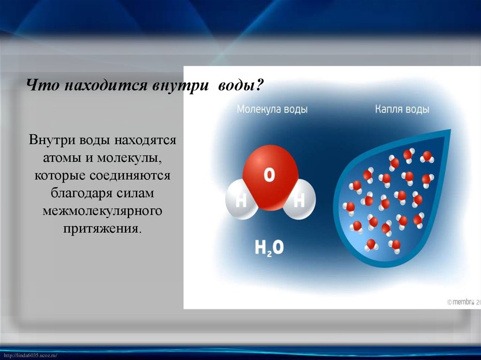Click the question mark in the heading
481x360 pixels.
[260, 86]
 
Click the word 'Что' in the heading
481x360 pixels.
[41, 86]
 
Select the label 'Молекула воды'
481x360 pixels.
[272, 110]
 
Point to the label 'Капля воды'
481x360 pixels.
[402, 110]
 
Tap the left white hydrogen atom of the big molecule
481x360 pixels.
[240, 201]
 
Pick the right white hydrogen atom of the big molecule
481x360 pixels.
[300, 201]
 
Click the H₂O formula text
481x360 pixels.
[269, 247]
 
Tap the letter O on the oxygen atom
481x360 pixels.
[269, 176]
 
